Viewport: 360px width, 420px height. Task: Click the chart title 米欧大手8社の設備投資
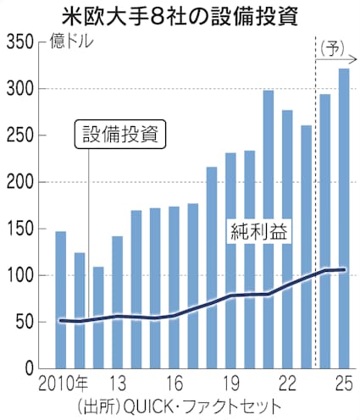pyautogui.click(x=180, y=15)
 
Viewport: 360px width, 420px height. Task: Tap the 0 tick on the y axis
pyautogui.click(x=28, y=369)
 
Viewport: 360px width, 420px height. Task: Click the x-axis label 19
pyautogui.click(x=230, y=382)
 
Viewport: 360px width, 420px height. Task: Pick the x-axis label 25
pyautogui.click(x=343, y=382)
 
